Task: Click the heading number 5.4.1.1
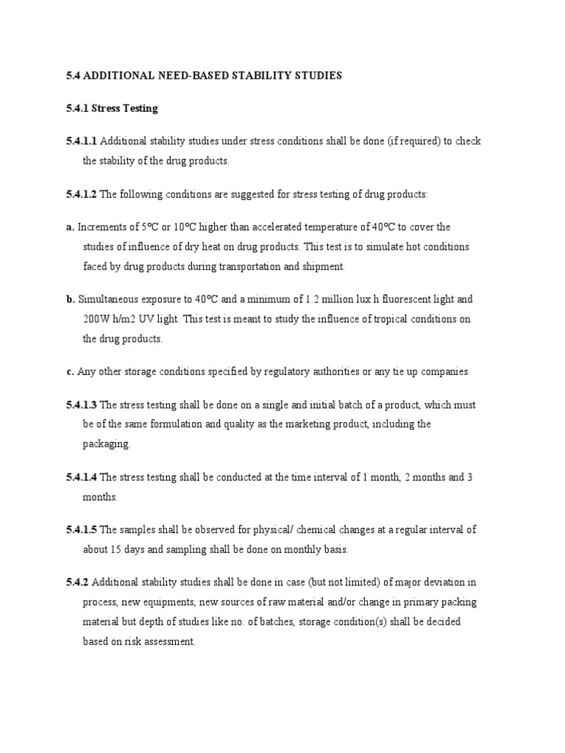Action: click(x=81, y=141)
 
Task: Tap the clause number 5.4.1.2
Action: click(x=81, y=194)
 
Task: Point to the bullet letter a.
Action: click(x=69, y=227)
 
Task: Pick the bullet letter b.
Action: click(x=70, y=300)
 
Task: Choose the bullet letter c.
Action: click(x=69, y=372)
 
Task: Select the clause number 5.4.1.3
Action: click(x=81, y=405)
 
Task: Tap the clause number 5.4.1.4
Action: click(x=81, y=477)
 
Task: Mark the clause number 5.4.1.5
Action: click(x=81, y=529)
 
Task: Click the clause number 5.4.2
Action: click(x=77, y=582)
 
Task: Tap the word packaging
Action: click(x=107, y=444)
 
